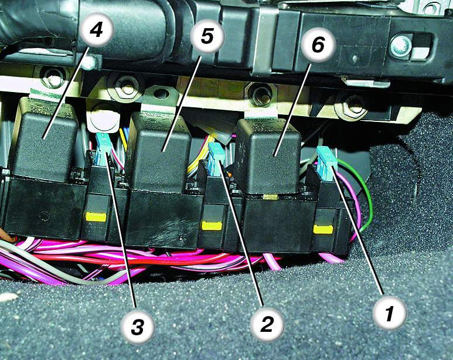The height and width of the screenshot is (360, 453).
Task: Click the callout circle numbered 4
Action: click(96, 29)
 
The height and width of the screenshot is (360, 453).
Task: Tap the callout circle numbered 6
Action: click(318, 45)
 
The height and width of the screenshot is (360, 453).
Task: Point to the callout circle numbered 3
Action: click(138, 327)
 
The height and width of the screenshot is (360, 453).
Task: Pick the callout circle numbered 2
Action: click(267, 324)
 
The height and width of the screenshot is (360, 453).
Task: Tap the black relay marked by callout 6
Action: click(268, 156)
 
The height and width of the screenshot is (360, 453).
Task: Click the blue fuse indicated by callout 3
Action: click(103, 150)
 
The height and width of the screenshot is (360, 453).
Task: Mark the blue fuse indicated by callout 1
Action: click(326, 162)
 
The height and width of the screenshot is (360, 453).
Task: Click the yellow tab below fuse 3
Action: click(96, 216)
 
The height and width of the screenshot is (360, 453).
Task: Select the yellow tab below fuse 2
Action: click(212, 226)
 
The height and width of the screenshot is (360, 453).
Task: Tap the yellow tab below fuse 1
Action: click(323, 229)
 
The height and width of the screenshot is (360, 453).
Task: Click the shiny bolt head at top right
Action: click(400, 45)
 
